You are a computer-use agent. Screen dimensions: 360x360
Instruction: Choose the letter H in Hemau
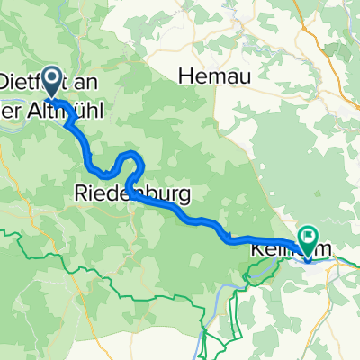click(185, 77)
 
